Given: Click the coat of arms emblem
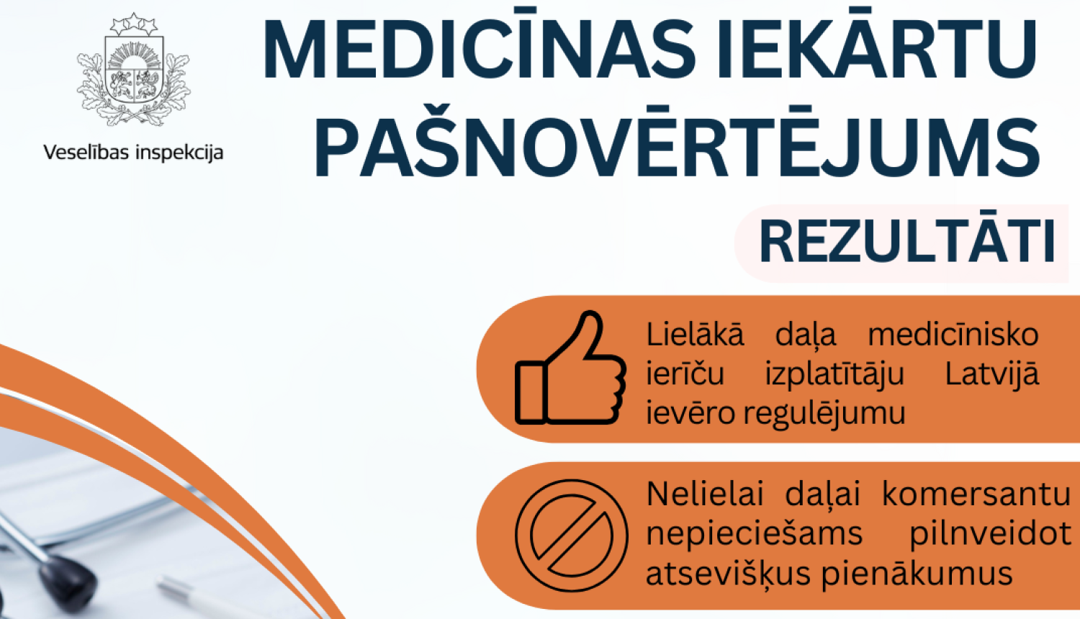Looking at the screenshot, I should point(133,71).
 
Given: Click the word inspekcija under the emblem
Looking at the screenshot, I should point(179,153).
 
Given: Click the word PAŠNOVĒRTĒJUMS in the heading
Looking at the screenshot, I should point(677,148).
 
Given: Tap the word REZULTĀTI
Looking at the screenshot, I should point(907,243).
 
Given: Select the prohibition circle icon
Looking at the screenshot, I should point(572,536).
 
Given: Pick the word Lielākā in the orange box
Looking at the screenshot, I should point(695,335).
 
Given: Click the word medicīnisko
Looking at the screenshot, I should point(953,335).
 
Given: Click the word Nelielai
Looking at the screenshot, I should point(705,494).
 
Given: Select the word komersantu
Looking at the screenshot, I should point(976,494).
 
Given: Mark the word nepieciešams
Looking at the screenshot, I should point(754,535).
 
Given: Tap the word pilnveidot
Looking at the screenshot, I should point(990,534).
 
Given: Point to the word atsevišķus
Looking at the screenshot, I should point(729,574).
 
